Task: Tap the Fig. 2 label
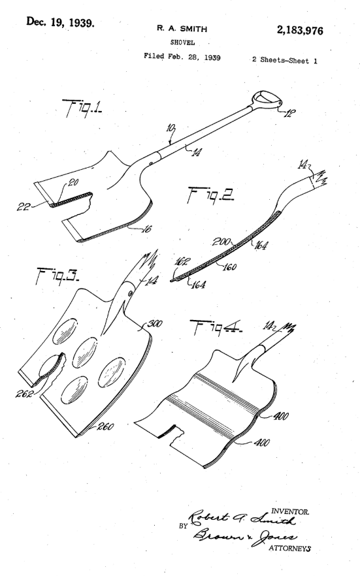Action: click(x=210, y=195)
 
